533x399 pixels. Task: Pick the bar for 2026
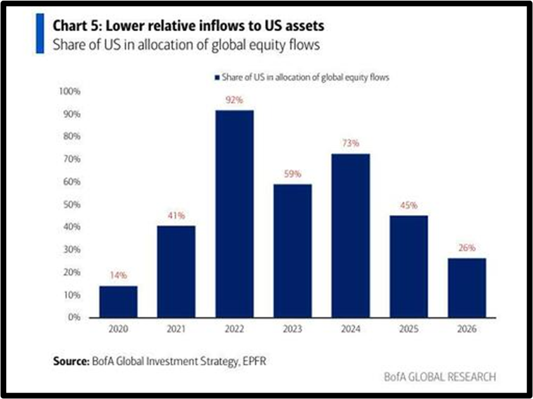click(x=467, y=288)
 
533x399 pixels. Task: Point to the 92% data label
click(x=235, y=99)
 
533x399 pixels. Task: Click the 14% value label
click(x=118, y=275)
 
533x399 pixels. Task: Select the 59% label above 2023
click(x=293, y=173)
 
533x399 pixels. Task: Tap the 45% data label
click(x=409, y=205)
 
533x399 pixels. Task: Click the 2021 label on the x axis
click(x=176, y=329)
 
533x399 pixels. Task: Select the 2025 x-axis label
click(x=409, y=329)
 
